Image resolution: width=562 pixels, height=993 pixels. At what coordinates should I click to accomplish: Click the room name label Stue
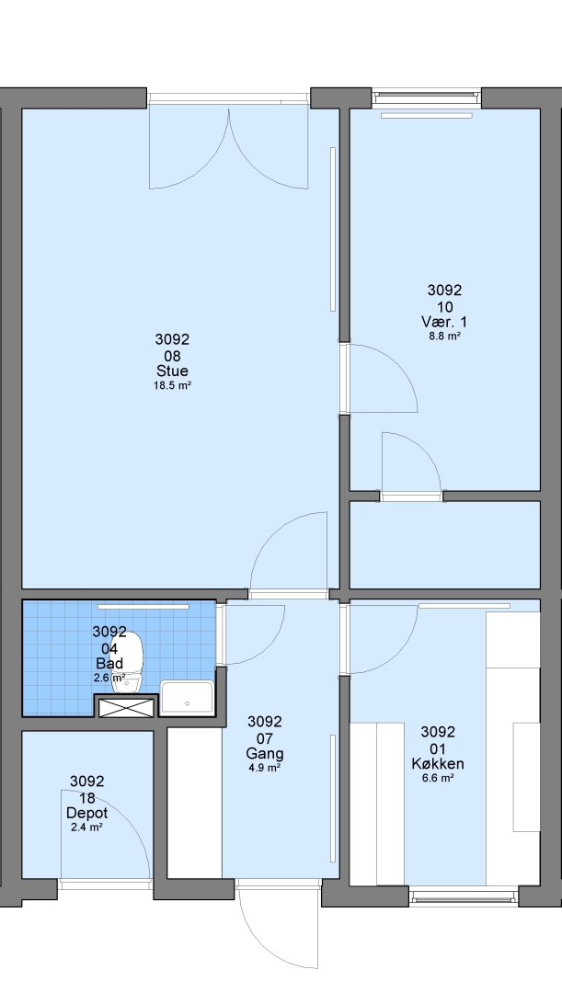click(172, 371)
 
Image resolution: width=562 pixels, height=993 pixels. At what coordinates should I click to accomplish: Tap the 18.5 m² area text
click(172, 385)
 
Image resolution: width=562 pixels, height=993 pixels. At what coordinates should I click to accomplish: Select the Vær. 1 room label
click(444, 322)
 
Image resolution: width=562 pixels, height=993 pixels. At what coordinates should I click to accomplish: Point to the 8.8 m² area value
click(444, 337)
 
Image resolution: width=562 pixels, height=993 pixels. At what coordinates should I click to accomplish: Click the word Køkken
click(438, 764)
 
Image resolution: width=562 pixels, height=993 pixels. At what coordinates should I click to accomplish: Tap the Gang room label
click(265, 754)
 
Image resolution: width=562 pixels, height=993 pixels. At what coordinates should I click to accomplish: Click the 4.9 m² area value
click(265, 768)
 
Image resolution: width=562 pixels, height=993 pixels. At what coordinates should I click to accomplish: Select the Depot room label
click(86, 813)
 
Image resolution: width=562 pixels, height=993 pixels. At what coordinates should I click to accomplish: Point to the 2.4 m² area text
click(86, 827)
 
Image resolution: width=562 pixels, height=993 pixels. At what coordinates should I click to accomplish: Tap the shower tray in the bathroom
click(187, 698)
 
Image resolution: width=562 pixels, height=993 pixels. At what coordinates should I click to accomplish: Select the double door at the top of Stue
click(229, 147)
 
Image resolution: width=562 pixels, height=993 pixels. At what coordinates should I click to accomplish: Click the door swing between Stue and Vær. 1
click(378, 378)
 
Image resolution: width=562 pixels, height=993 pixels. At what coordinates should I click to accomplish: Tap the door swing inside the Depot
click(105, 834)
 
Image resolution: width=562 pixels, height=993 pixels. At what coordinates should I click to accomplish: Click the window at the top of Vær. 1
click(426, 97)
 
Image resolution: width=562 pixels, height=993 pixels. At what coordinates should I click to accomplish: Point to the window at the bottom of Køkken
click(464, 896)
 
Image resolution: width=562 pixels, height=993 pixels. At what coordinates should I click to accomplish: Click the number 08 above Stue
click(172, 355)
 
